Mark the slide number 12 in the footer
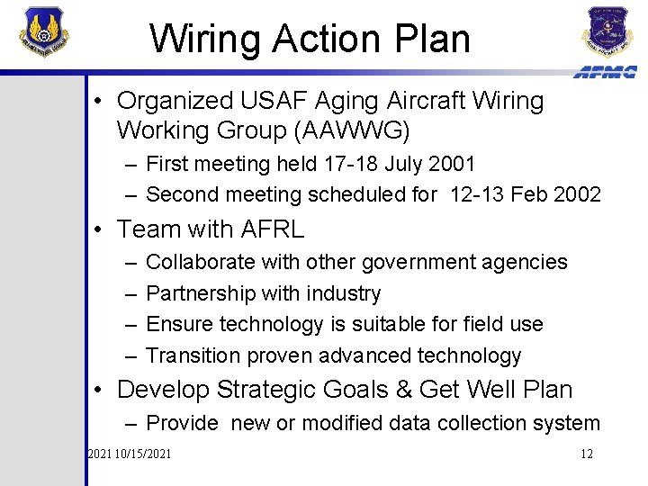tap(586, 454)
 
